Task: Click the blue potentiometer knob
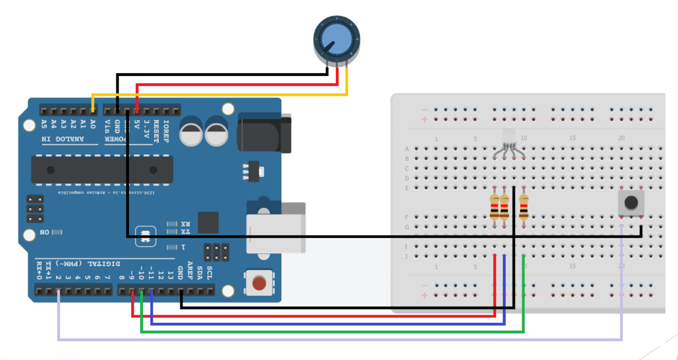point(337,39)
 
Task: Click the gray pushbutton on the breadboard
point(631,203)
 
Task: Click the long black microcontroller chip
point(102,170)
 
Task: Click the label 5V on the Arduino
point(136,124)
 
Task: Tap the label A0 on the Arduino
point(93,124)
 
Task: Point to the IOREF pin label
point(166,131)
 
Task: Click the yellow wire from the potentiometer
point(220,95)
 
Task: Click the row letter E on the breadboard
point(407,188)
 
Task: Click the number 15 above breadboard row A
point(572,138)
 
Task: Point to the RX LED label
point(186,224)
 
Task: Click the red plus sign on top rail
point(425,120)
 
